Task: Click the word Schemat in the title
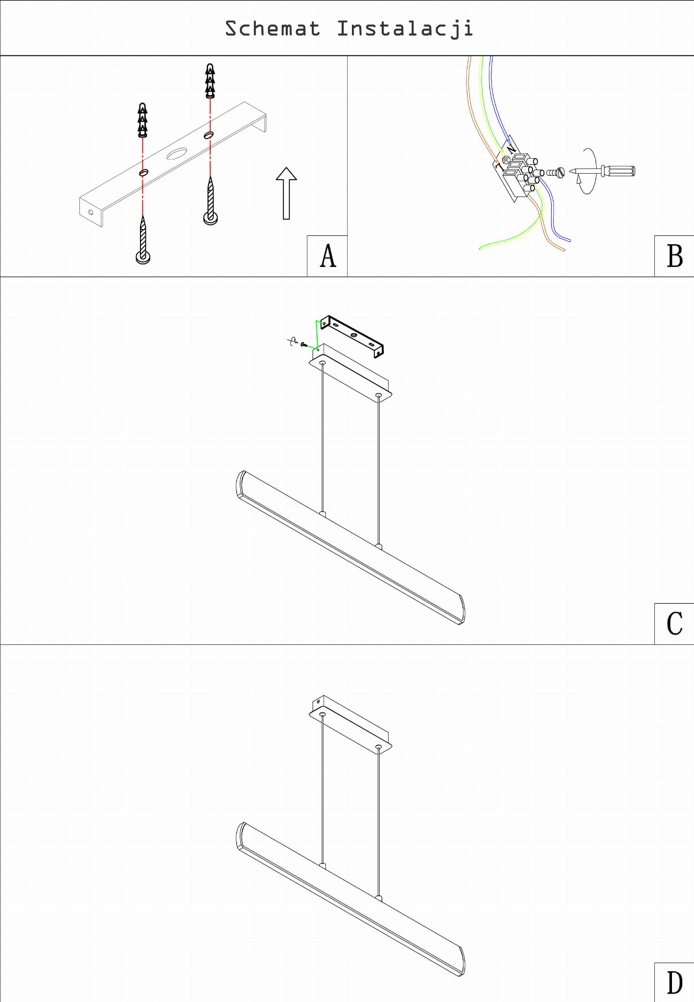272,28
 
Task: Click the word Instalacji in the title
405,29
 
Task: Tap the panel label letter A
328,256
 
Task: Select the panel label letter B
675,256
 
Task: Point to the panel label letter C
674,624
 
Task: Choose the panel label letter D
674,982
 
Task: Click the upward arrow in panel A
286,193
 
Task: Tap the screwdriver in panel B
602,171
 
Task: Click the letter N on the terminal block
511,147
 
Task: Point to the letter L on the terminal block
500,165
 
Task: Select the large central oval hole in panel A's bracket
176,154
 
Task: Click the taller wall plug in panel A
210,80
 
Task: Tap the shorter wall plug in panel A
142,120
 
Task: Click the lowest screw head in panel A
143,257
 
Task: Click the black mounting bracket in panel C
352,336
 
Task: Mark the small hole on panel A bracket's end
91,212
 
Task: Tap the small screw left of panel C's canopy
304,345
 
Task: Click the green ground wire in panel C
316,335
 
